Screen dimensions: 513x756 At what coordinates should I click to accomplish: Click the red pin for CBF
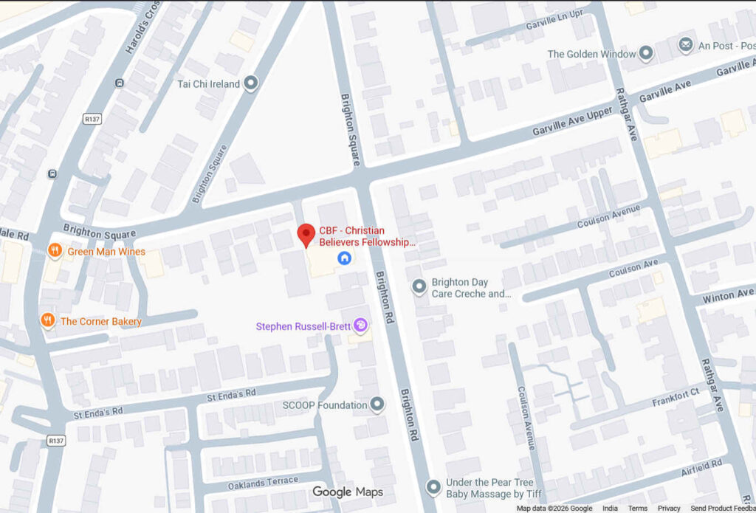coord(306,235)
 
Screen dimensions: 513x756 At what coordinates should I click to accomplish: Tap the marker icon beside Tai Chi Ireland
coord(251,83)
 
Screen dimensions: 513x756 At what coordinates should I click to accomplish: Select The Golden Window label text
coord(591,54)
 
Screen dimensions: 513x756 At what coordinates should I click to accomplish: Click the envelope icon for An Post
coord(686,45)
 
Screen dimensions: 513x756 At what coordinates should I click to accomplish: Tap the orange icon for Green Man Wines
coord(54,251)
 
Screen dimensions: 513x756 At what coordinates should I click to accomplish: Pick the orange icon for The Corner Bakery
coord(48,320)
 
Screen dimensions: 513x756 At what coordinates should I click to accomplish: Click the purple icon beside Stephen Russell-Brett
coord(360,325)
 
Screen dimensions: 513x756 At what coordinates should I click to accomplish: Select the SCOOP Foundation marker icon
coord(377,404)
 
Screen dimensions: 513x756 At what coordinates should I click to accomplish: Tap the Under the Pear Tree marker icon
coord(434,486)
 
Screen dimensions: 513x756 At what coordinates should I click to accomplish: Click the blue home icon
coord(343,258)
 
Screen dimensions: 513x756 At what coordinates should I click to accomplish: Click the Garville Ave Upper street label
coord(574,120)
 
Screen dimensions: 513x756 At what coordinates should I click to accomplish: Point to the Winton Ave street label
coord(728,295)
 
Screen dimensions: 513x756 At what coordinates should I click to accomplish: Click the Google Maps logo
coord(348,492)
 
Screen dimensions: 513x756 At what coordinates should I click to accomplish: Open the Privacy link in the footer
coord(669,509)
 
